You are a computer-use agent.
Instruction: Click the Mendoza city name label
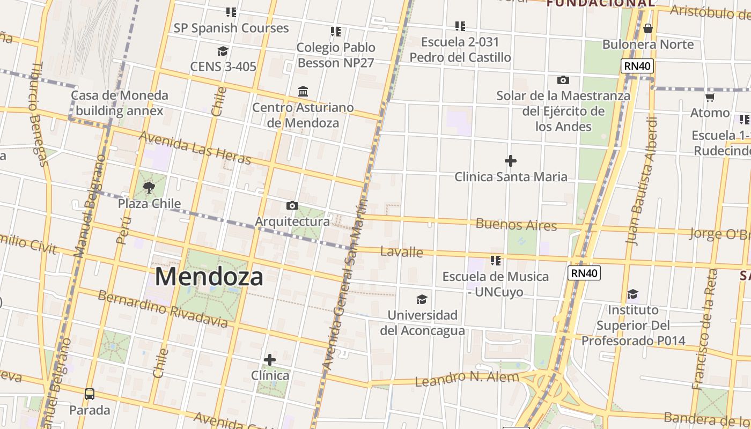click(x=209, y=277)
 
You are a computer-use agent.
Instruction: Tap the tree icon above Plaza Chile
click(x=149, y=188)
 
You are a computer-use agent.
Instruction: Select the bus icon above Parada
click(x=90, y=394)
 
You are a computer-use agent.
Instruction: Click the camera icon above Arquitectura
click(x=292, y=205)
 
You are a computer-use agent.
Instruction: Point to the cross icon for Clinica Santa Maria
click(x=511, y=160)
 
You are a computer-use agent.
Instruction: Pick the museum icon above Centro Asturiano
click(x=303, y=91)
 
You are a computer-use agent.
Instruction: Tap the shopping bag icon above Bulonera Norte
click(x=648, y=28)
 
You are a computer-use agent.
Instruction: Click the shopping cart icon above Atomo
click(x=710, y=97)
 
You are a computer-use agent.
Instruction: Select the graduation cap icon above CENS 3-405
click(x=223, y=51)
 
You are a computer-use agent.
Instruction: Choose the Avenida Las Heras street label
click(x=195, y=147)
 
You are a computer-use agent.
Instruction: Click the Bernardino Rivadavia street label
click(x=163, y=309)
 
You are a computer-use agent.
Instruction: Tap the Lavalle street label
click(x=402, y=252)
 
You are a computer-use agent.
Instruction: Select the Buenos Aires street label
click(x=516, y=224)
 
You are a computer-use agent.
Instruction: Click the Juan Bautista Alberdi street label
click(x=642, y=181)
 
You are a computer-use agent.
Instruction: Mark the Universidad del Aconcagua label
click(x=423, y=322)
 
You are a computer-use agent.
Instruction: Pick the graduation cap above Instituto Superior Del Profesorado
click(x=633, y=294)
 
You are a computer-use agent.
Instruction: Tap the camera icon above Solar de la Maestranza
click(x=563, y=80)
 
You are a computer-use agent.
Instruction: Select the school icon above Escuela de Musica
click(x=496, y=261)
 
